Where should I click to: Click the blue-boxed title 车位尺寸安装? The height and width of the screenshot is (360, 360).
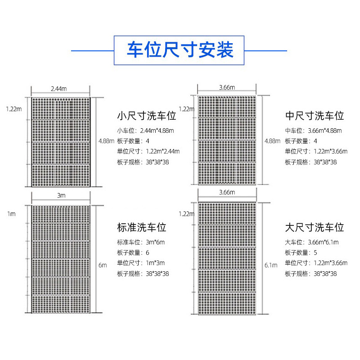[x=180, y=50]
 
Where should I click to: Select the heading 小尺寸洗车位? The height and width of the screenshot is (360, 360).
[x=146, y=116]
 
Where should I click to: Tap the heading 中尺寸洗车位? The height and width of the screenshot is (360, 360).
[x=315, y=116]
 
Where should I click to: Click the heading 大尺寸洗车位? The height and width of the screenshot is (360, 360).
[x=315, y=227]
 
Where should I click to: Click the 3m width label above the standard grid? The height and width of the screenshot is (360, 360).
[x=61, y=196]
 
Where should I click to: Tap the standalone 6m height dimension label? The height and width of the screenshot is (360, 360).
[x=102, y=265]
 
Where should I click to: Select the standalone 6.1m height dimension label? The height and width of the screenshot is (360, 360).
[x=271, y=265]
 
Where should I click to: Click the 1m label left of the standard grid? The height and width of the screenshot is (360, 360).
[x=11, y=214]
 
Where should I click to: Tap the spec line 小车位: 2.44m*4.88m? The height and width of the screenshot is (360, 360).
[x=145, y=130]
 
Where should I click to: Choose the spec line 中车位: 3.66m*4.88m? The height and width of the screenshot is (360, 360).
[x=313, y=130]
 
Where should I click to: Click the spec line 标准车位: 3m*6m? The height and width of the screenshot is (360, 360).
[x=141, y=242]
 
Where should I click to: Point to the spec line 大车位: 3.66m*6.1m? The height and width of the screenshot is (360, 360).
[x=311, y=242]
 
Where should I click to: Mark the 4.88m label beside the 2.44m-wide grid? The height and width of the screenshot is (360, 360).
[x=106, y=141]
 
